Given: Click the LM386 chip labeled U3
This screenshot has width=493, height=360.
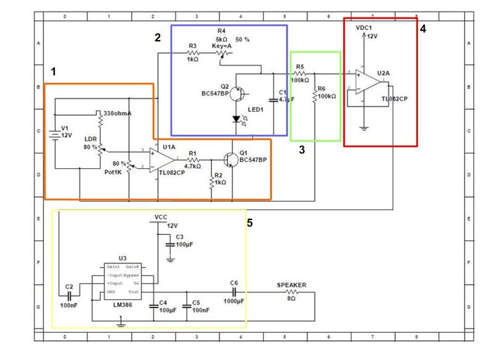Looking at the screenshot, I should tap(122, 278).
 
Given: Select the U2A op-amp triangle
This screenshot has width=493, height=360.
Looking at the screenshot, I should tap(369, 80).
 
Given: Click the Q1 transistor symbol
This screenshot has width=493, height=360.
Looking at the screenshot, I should tap(230, 158).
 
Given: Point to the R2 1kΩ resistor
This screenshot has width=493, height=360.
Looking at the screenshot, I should tap(212, 182).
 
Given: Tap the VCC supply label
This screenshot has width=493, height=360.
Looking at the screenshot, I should tap(161, 218).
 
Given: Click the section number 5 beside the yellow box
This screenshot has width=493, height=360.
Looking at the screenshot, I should tap(249, 223).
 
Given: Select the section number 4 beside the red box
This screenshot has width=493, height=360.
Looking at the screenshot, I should tap(423, 28).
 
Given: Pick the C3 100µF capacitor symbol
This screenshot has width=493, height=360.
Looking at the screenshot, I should tap(170, 245).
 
